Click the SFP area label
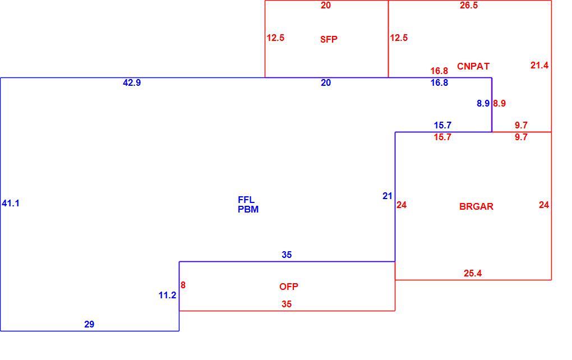tap(329, 39)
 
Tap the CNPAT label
tap(473, 66)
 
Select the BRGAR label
tap(476, 206)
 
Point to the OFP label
tap(289, 287)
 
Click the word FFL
tap(246, 200)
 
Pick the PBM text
tap(248, 209)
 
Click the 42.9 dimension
tap(132, 83)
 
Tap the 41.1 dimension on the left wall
tap(11, 203)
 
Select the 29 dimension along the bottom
tap(89, 324)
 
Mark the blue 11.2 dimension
tap(168, 295)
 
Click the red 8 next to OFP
tap(183, 285)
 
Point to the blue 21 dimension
tap(388, 196)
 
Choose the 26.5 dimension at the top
tap(469, 6)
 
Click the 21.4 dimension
tap(539, 65)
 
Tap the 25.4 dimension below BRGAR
tap(473, 273)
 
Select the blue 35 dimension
tap(287, 255)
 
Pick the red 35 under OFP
tap(287, 304)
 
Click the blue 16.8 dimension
tap(439, 83)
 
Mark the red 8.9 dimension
tap(500, 104)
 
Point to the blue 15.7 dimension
tap(442, 126)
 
